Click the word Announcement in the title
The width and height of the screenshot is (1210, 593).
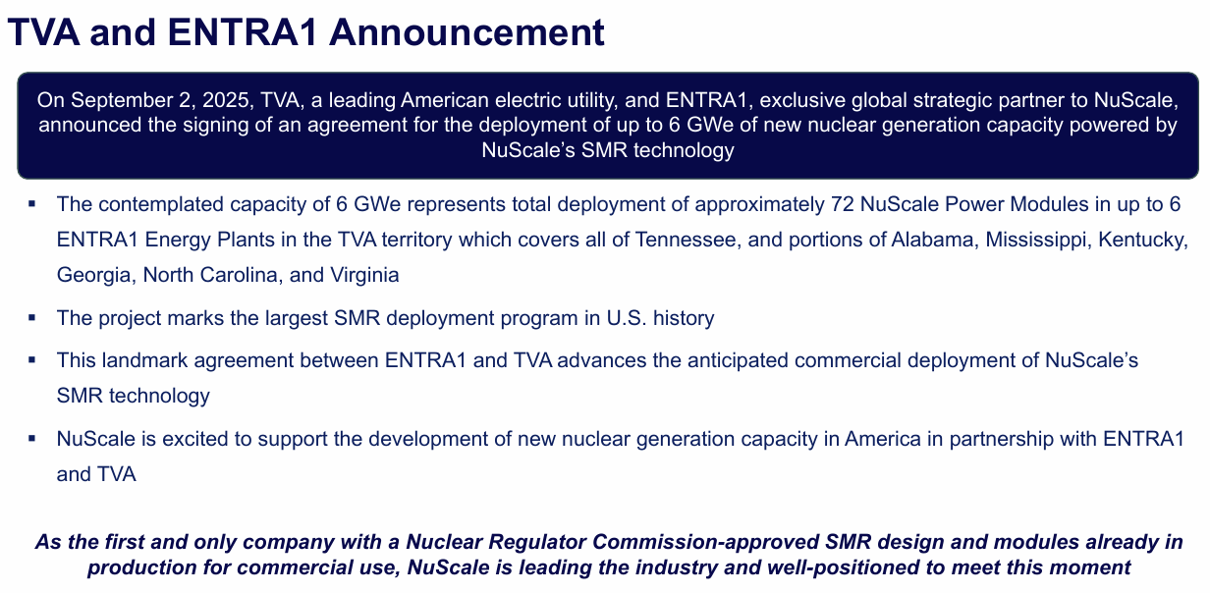pos(467,33)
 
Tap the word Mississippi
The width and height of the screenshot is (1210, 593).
pos(1037,241)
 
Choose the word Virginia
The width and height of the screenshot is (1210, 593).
pos(363,276)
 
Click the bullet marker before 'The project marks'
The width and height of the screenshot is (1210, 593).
pos(32,318)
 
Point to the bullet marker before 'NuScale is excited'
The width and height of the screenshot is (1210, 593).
pos(32,439)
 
